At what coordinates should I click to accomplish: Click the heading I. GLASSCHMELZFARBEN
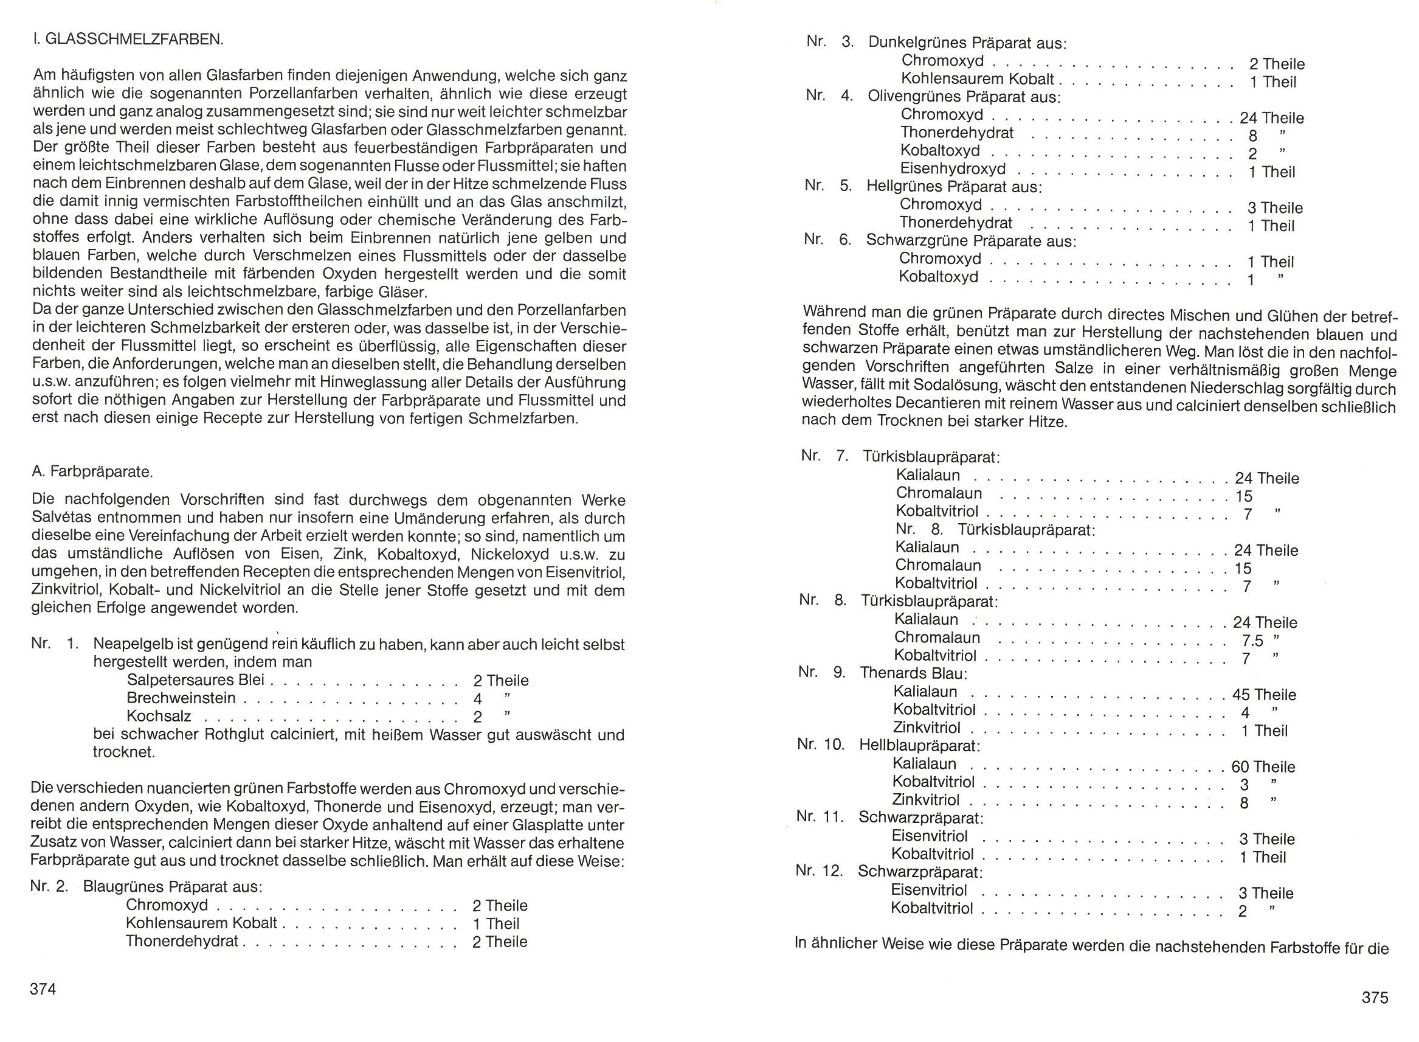127,39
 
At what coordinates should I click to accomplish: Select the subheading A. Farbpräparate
92,472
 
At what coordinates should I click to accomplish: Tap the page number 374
43,989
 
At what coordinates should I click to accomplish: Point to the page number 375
1375,997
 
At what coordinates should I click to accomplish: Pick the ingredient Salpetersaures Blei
195,680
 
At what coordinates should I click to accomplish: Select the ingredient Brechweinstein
181,698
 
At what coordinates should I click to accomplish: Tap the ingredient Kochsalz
159,717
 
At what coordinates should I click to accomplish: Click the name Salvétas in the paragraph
62,518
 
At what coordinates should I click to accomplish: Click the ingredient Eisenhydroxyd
953,169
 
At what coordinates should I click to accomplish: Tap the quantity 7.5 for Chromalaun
1251,641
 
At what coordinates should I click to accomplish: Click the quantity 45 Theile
1264,695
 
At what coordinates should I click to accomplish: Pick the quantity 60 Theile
1263,767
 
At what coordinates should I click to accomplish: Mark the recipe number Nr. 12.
819,871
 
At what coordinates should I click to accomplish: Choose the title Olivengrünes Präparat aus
964,97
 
